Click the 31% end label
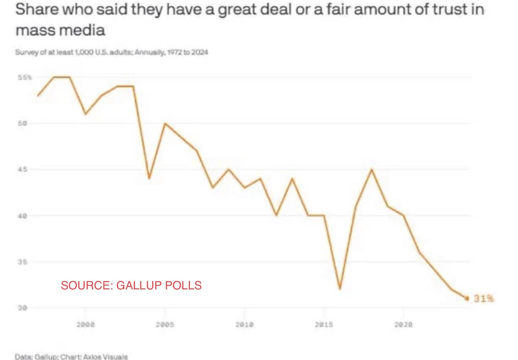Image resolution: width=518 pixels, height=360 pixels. [x=483, y=298]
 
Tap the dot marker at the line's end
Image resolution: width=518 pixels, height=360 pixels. [x=467, y=298]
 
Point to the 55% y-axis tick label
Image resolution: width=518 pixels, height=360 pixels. [x=25, y=77]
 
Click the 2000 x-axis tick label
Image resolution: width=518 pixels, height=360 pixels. [x=86, y=324]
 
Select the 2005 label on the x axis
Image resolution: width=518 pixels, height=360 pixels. [x=165, y=324]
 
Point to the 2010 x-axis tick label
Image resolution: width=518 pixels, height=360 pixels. [x=244, y=324]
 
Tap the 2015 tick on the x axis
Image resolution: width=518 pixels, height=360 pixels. [x=323, y=324]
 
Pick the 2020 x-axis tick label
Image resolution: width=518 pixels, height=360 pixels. [x=403, y=324]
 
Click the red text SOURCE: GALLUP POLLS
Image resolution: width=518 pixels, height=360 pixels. [x=131, y=285]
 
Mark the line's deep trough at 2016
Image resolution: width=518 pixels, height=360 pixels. [x=340, y=289]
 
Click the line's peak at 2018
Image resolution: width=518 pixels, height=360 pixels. [x=372, y=170]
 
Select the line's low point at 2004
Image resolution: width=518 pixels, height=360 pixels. [x=149, y=179]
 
